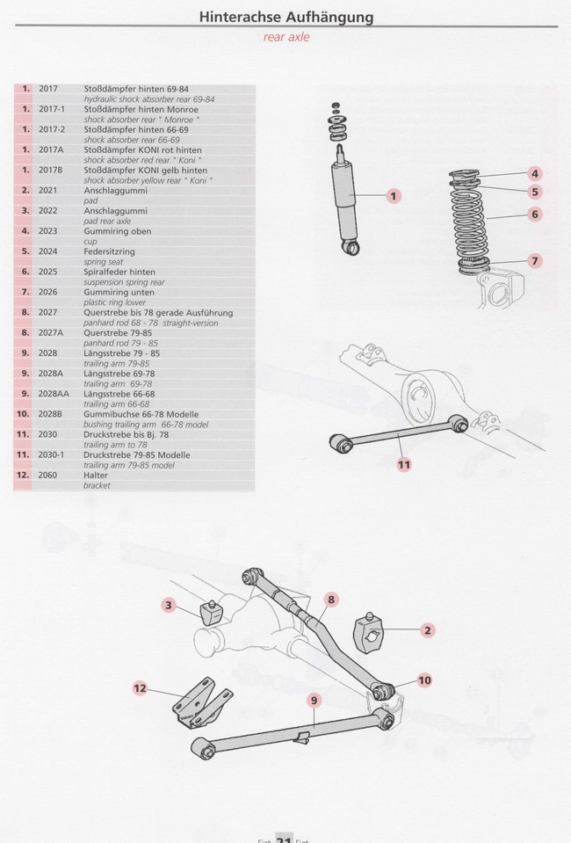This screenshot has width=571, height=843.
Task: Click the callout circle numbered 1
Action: [x=394, y=196]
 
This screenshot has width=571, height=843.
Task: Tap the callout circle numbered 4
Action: [x=535, y=173]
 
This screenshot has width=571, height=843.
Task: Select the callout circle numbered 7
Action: [x=535, y=260]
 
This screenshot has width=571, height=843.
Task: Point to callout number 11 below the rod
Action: [x=403, y=463]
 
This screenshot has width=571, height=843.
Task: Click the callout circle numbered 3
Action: [x=170, y=604]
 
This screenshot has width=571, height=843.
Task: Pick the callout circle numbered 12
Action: [x=140, y=687]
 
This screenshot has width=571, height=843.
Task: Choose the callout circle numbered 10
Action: [x=424, y=679]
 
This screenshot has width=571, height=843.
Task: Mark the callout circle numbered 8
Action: [x=331, y=600]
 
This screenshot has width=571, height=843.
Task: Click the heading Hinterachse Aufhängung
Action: [x=285, y=17]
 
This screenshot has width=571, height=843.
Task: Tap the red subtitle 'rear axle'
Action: [x=285, y=38]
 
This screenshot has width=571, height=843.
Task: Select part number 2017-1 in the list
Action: [x=52, y=110]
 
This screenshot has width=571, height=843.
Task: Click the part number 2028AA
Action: [x=54, y=394]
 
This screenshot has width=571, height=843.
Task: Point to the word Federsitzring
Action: [x=109, y=251]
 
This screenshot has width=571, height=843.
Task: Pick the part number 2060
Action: [x=47, y=475]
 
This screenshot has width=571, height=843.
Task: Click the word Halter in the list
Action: [x=96, y=475]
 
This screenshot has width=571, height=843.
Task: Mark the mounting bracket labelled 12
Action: [x=200, y=702]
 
